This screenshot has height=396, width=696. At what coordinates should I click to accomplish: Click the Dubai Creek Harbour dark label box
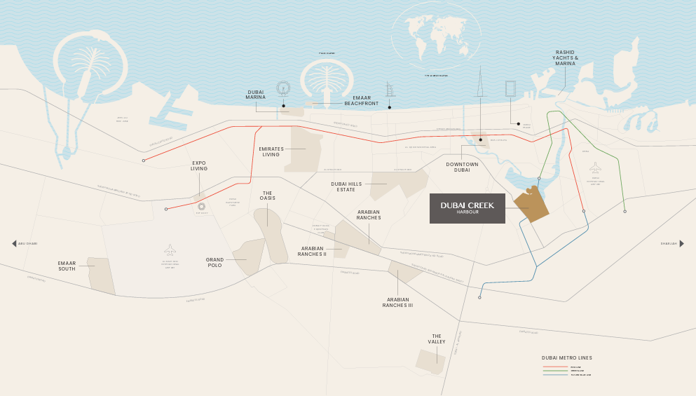pyautogui.click(x=468, y=208)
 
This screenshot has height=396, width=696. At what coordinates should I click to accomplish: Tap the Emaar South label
pyautogui.click(x=67, y=266)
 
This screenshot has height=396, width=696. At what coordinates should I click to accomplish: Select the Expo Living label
pyautogui.click(x=199, y=165)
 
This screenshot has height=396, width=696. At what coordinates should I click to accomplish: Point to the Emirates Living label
pyautogui.click(x=271, y=151)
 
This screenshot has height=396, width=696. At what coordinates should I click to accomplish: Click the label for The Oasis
pyautogui.click(x=268, y=196)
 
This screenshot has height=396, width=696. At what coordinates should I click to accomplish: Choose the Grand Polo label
pyautogui.click(x=214, y=262)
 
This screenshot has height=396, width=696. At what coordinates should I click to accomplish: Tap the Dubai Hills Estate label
pyautogui.click(x=348, y=186)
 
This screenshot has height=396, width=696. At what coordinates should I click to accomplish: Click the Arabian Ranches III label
pyautogui.click(x=397, y=303)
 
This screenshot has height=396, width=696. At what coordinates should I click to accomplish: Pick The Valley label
pyautogui.click(x=437, y=339)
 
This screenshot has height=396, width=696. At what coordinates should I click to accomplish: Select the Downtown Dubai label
pyautogui.click(x=462, y=167)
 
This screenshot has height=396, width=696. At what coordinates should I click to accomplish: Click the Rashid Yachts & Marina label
pyautogui.click(x=566, y=57)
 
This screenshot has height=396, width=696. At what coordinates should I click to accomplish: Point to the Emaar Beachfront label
pyautogui.click(x=361, y=101)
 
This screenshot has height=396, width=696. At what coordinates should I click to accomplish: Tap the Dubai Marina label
pyautogui.click(x=256, y=95)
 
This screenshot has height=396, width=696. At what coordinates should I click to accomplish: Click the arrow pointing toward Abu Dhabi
pyautogui.click(x=14, y=243)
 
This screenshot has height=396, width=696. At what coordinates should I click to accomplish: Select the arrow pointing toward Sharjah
pyautogui.click(x=681, y=243)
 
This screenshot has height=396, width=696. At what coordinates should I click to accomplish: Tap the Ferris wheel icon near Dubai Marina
pyautogui.click(x=283, y=88)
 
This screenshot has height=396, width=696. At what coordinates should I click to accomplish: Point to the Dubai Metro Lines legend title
pyautogui.click(x=566, y=357)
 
